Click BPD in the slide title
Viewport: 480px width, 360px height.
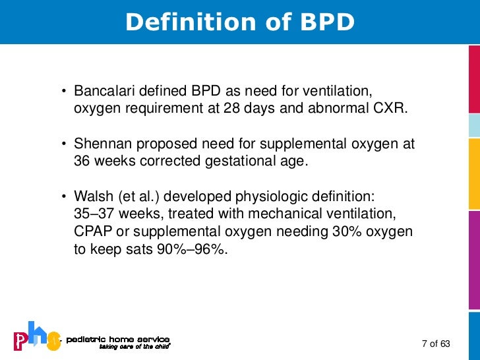tap(326, 22)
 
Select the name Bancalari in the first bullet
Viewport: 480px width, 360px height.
tap(100, 90)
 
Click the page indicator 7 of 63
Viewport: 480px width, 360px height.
tap(435, 344)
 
